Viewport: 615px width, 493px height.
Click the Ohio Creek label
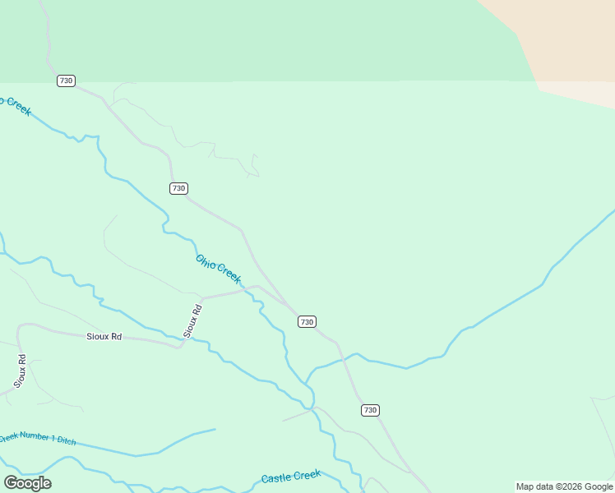coord(218,270)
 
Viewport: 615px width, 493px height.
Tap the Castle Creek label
coord(290,477)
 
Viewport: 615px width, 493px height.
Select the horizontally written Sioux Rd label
coord(104,337)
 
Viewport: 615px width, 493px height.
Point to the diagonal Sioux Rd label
coord(192,321)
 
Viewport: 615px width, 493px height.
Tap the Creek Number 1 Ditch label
coord(37,439)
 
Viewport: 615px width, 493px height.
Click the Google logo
coord(27,483)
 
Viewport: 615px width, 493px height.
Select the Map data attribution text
coord(564,486)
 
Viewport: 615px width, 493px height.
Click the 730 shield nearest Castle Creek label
coord(370,410)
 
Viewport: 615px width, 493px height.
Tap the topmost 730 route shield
coord(66,81)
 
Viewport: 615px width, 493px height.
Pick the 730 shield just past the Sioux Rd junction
coord(307,321)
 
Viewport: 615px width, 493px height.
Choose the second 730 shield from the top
coord(178,188)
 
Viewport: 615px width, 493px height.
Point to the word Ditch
coord(66,441)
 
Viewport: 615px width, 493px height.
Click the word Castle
coord(276,478)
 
